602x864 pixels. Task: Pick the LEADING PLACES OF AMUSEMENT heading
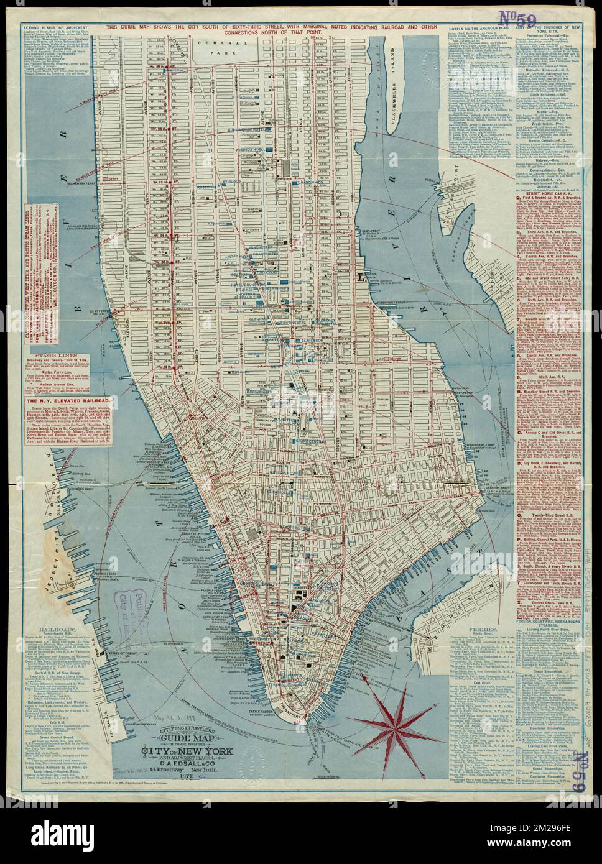(57, 27)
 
